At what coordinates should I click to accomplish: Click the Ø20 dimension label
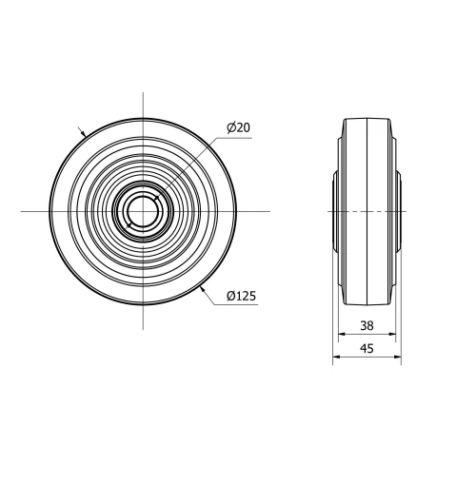238,127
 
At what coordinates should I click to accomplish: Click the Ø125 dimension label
242,296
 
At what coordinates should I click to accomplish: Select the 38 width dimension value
367,324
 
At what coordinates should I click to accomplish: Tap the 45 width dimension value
367,348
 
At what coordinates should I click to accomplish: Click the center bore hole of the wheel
143,210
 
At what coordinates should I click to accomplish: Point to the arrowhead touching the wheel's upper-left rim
84,134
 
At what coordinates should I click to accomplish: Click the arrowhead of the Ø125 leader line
203,285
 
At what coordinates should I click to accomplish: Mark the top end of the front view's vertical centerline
143,92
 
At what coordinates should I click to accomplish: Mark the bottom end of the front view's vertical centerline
143,329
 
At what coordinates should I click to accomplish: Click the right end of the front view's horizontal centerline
269,210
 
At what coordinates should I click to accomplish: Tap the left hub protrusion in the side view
336,210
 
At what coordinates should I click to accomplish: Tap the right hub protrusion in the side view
398,210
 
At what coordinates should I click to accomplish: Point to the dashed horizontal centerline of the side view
367,210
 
